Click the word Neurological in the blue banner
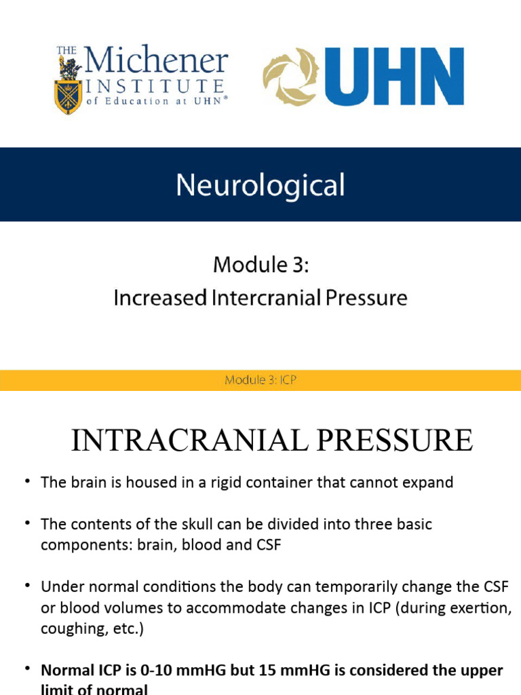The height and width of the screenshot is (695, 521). click(260, 185)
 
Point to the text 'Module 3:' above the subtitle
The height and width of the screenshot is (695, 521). click(260, 265)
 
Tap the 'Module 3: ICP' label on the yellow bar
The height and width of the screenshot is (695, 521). click(260, 381)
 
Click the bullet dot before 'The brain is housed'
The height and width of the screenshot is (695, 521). click(27, 482)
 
